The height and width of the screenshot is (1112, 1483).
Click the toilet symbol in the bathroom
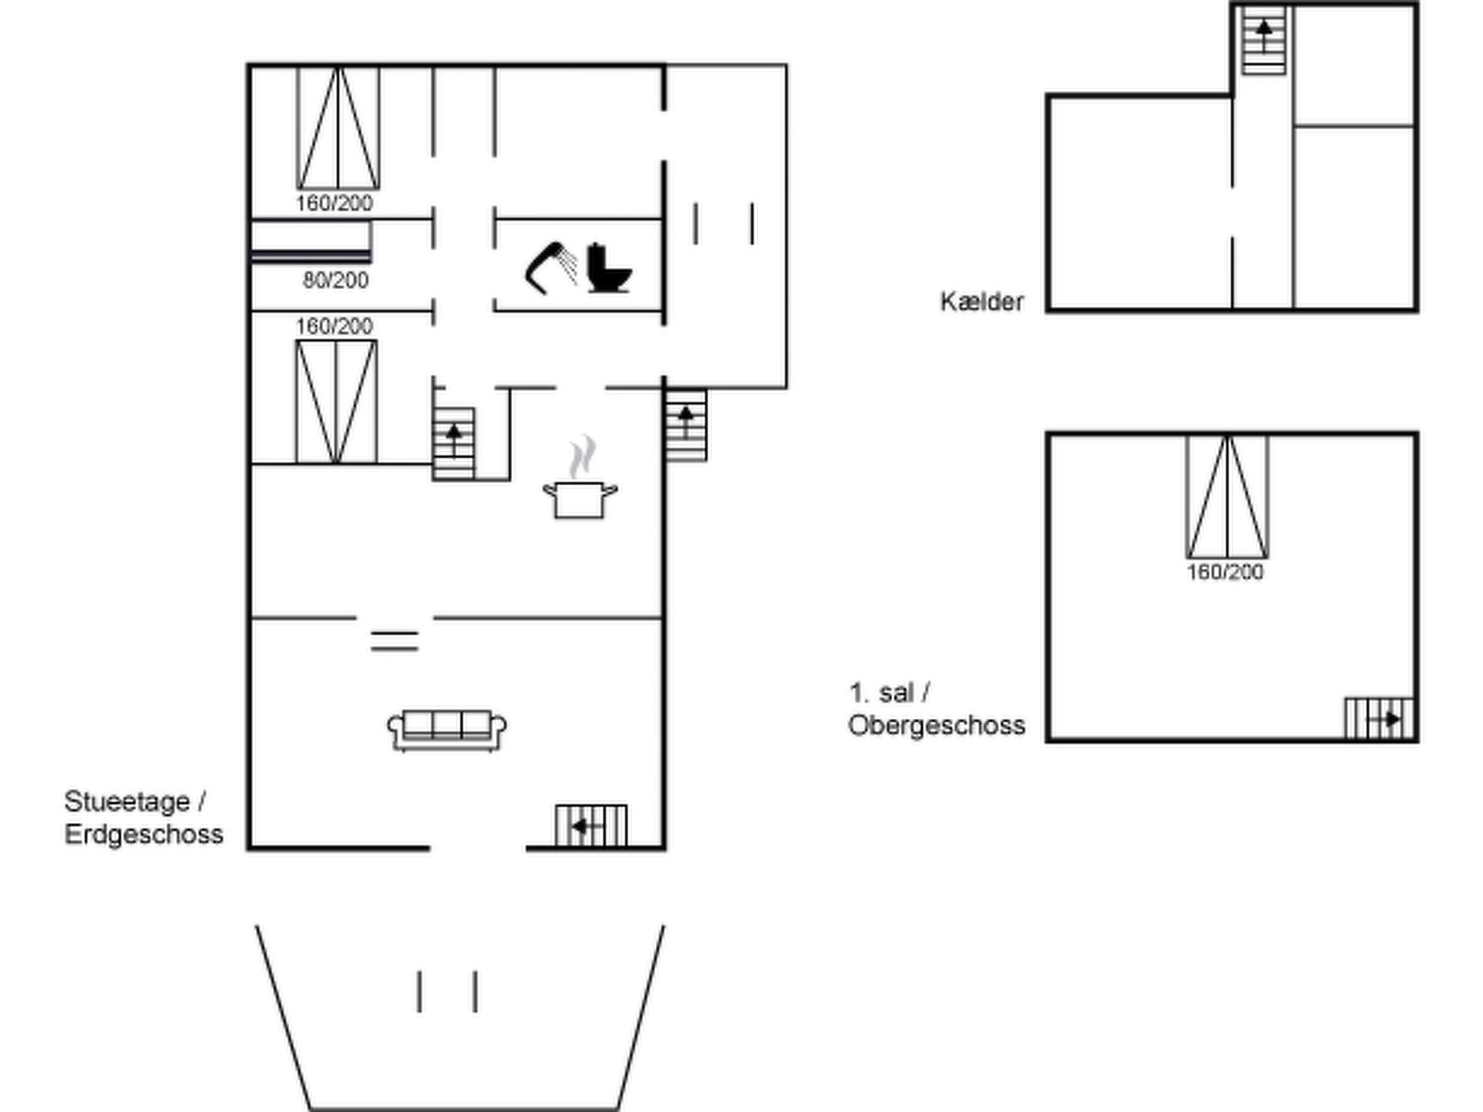click(x=608, y=268)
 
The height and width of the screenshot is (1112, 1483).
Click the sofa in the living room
click(x=447, y=730)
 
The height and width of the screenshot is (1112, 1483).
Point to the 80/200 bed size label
click(x=335, y=280)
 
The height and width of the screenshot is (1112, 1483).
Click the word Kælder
click(x=982, y=301)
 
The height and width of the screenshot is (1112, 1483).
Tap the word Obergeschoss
click(x=936, y=725)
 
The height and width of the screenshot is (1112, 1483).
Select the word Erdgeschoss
click(x=143, y=834)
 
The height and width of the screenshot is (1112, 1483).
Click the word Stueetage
click(x=127, y=801)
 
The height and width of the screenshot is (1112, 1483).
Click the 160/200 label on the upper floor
click(x=1225, y=572)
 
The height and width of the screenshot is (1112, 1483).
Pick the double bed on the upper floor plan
click(x=1227, y=497)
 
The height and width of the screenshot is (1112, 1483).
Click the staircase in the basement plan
click(x=1264, y=41)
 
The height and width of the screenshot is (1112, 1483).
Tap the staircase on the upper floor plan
click(x=1379, y=718)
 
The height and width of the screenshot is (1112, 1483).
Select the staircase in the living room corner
click(x=591, y=825)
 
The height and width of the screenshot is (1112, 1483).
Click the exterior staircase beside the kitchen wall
click(x=686, y=425)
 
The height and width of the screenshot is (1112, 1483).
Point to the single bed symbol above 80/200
click(x=311, y=242)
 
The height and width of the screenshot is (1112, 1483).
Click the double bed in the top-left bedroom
click(x=338, y=128)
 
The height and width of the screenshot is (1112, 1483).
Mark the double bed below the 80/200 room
click(x=336, y=402)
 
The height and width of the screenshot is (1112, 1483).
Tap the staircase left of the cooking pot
click(x=454, y=443)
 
